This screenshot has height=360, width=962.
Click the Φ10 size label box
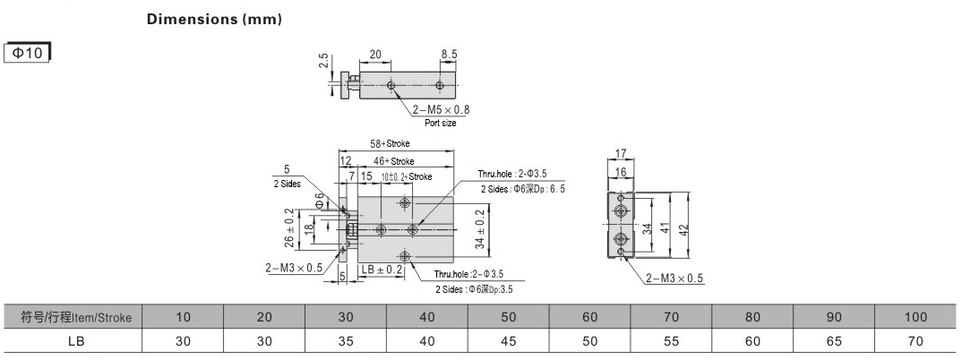27,54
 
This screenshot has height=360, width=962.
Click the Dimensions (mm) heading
214,19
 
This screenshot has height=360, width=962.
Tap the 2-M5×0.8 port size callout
441,110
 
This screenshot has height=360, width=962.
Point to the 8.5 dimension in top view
449,54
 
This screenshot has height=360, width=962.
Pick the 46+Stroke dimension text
393,161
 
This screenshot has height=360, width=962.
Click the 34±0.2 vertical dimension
479,228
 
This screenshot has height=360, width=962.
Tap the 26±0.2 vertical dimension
288,227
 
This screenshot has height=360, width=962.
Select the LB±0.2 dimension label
382,270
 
